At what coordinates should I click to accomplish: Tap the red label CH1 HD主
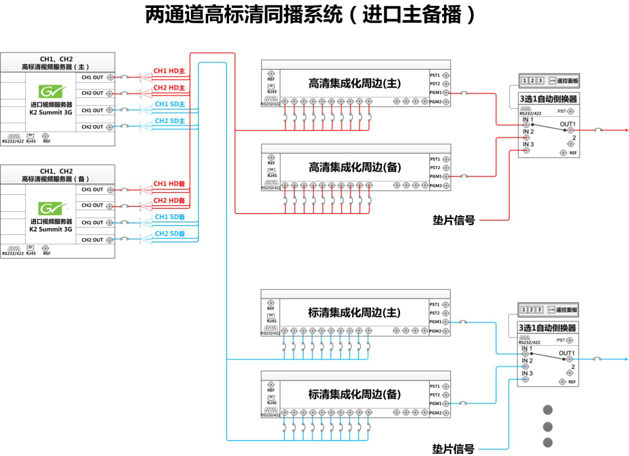point(169,71)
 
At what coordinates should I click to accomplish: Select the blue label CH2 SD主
point(170,121)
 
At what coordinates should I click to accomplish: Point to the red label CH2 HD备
point(169,200)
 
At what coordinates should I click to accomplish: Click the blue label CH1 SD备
point(170,217)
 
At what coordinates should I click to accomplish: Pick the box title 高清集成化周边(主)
point(354,84)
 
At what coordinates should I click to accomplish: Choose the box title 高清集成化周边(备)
point(354,168)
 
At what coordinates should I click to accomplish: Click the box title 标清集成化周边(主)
point(354,313)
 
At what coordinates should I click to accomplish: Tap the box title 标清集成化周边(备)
point(354,395)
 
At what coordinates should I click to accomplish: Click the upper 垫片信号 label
point(454,220)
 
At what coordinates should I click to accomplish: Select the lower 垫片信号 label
point(453,449)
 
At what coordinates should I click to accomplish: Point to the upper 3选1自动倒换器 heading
point(548,99)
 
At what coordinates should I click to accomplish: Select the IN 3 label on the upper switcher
point(527,144)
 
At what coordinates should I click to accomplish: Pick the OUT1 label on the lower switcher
point(567,353)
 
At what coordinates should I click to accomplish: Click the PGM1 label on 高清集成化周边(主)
point(435,93)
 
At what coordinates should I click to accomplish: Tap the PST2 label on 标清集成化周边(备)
point(435,395)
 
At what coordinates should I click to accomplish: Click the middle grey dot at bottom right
point(548,426)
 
